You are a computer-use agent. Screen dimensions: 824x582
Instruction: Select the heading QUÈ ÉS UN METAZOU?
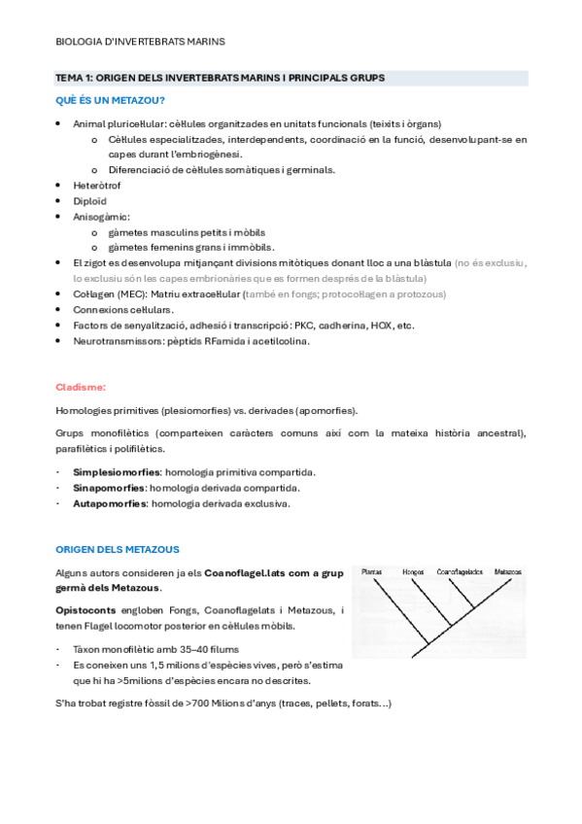coord(109,101)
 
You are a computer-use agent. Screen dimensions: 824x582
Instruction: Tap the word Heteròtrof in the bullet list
coord(95,185)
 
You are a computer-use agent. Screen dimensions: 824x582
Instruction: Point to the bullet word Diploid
coord(89,200)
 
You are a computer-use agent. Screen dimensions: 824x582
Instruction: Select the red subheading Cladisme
coord(81,386)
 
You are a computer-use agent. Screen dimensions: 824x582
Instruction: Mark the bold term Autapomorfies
coord(108,503)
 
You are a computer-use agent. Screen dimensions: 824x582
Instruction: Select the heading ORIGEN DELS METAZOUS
coord(118,549)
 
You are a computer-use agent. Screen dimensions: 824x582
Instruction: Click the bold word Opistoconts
coord(85,609)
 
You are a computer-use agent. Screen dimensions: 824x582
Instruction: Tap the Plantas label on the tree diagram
coord(371,572)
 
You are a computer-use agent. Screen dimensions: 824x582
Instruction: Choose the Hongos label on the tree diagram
coord(413,572)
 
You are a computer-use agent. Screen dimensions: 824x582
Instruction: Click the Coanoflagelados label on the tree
coord(460,572)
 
